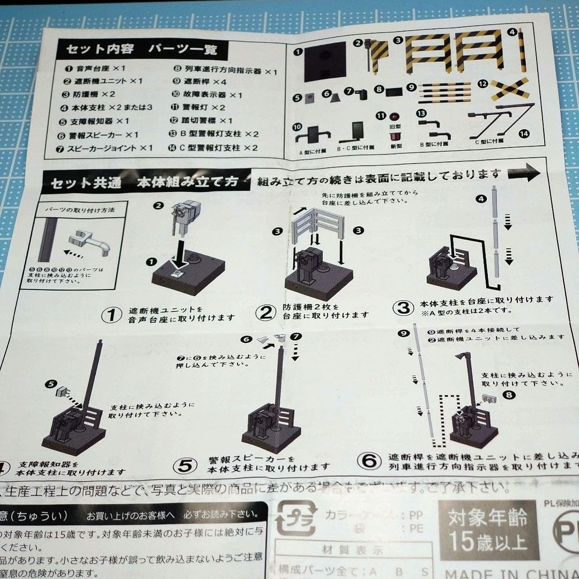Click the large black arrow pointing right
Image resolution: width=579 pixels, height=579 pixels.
[524, 173]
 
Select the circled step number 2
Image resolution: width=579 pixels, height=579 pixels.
[265, 311]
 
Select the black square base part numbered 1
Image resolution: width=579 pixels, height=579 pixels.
[324, 62]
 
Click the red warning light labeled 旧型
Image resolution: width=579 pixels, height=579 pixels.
[395, 116]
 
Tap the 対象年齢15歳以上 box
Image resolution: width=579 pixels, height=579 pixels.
[487, 528]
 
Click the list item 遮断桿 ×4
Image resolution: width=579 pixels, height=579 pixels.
[205, 82]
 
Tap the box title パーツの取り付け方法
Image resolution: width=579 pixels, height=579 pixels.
[80, 210]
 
